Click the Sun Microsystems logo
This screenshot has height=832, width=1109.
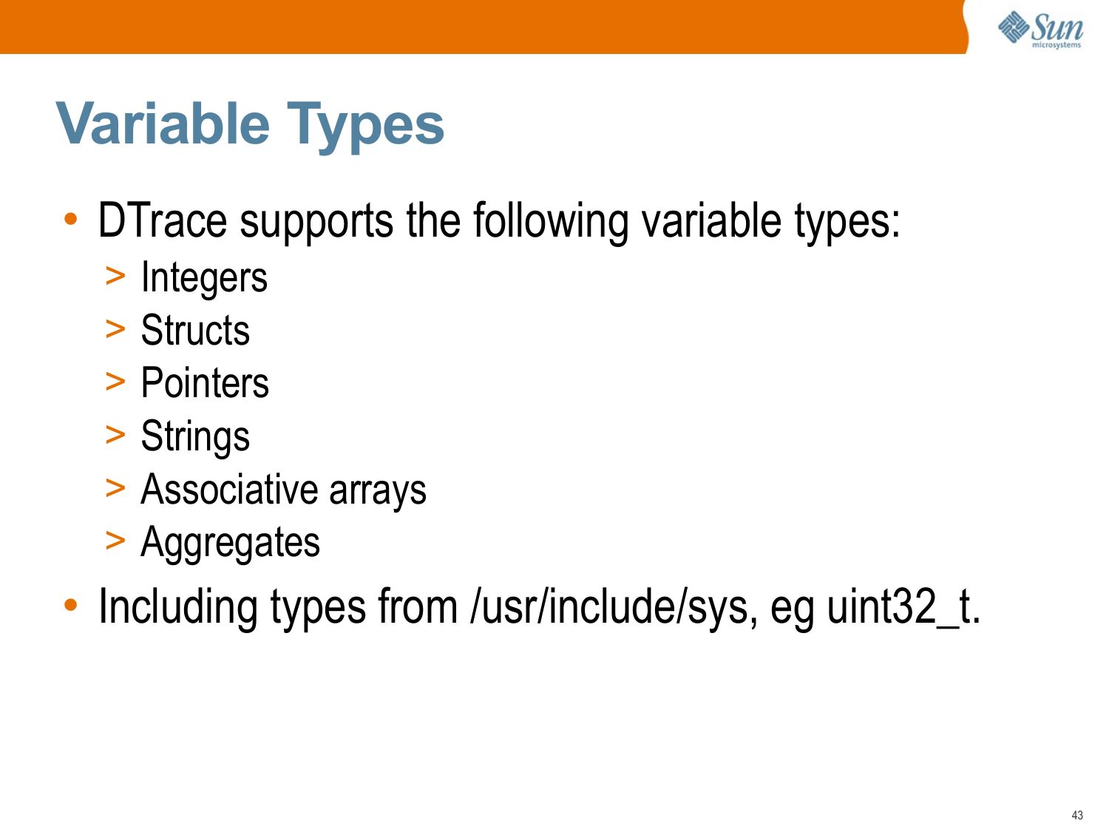1040,30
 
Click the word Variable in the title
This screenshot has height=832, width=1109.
163,124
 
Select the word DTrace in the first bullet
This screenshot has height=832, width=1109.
162,220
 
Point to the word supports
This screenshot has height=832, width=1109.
316,223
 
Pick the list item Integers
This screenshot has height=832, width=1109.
204,278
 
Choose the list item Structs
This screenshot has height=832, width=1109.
195,330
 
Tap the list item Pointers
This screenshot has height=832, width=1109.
205,382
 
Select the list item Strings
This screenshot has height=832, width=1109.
195,437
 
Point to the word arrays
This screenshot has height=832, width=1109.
378,493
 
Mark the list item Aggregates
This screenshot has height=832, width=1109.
231,544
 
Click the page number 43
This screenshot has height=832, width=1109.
1077,815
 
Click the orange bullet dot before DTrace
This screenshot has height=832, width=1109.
71,219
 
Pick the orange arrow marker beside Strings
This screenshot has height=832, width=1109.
115,435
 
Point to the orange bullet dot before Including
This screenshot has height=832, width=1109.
71,605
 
